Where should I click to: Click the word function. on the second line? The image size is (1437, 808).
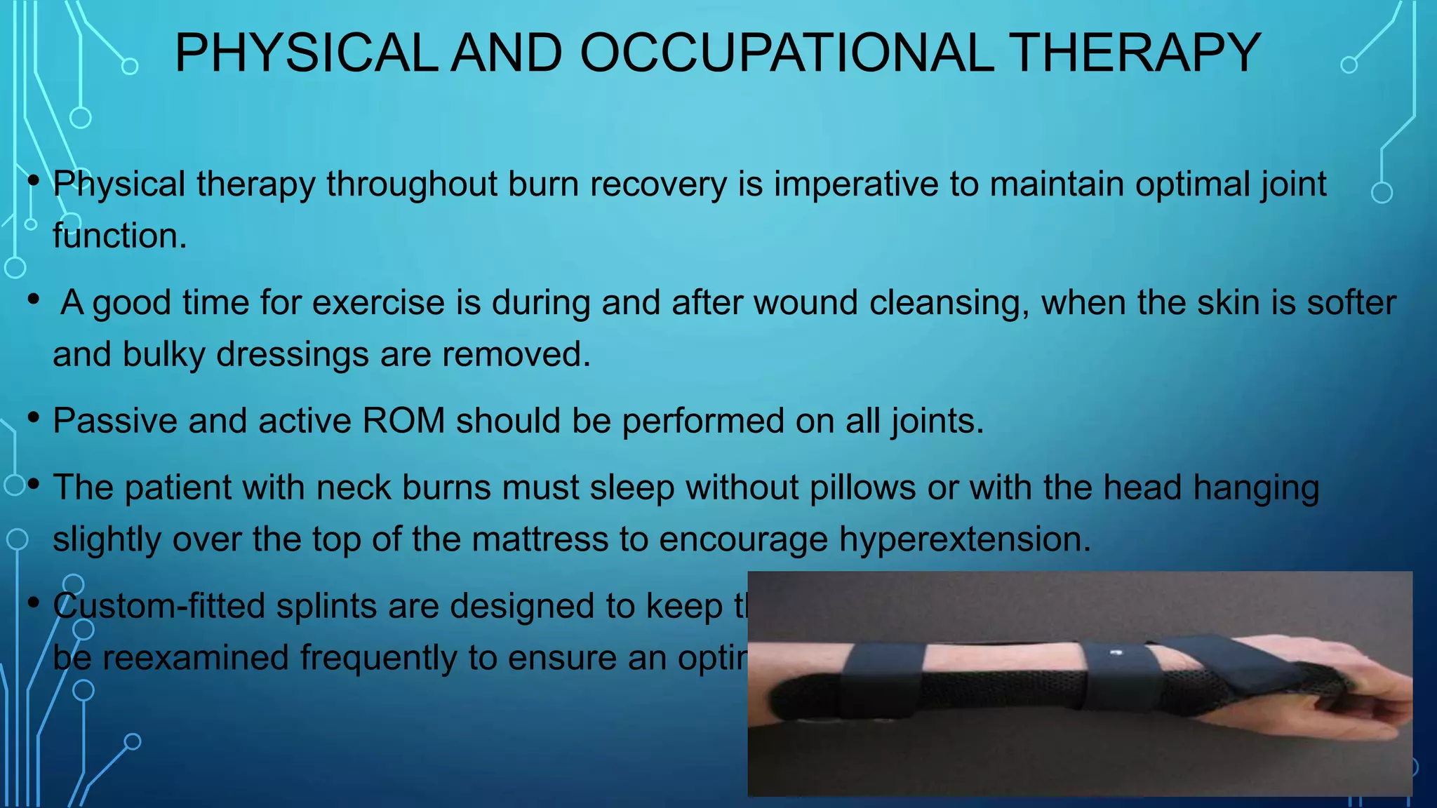(x=120, y=236)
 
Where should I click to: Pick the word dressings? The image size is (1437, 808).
(x=292, y=354)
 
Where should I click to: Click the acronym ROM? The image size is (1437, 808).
(x=403, y=421)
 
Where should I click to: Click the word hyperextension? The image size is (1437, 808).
(x=965, y=539)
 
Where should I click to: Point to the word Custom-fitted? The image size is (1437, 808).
(x=159, y=606)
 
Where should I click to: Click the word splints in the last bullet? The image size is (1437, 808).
(x=326, y=606)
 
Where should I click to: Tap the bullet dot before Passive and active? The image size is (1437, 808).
(x=33, y=419)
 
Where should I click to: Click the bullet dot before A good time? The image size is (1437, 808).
(x=33, y=300)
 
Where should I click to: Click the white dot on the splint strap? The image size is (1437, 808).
(x=1118, y=653)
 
